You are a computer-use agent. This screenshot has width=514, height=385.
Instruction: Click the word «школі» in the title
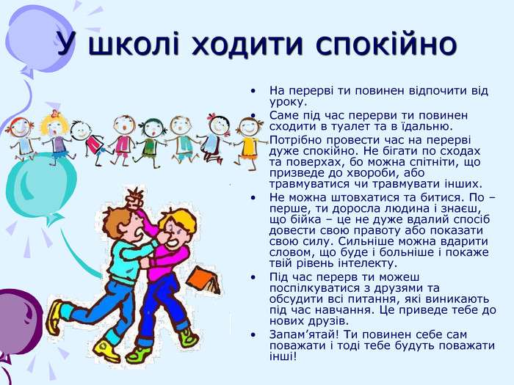pyautogui.click(x=134, y=43)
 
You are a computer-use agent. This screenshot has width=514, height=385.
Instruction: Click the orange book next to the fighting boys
pyautogui.click(x=204, y=279)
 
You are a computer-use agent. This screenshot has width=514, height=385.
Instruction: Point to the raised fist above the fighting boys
pyautogui.click(x=135, y=199)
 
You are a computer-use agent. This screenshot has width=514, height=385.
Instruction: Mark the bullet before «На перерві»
pyautogui.click(x=253, y=91)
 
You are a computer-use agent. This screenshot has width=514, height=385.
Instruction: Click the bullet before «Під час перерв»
pyautogui.click(x=253, y=277)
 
